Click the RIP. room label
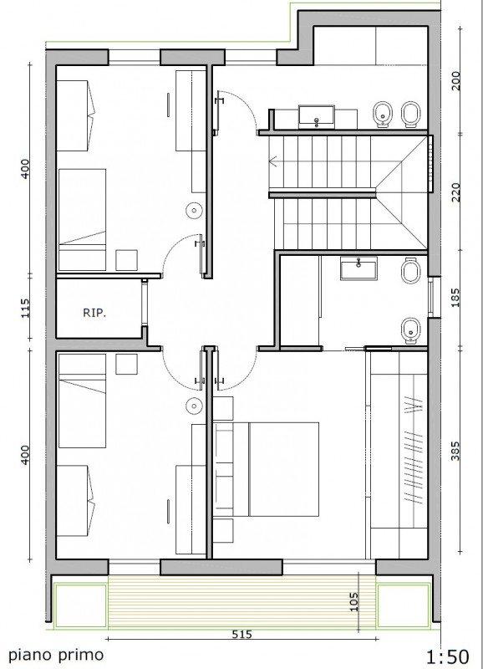[94, 313]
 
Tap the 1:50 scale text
[448, 657]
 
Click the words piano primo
[56, 655]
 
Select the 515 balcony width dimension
[241, 635]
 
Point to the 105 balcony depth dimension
[354, 601]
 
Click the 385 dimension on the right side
[455, 451]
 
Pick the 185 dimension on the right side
[455, 298]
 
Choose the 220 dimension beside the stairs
[455, 193]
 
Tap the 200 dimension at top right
[455, 80]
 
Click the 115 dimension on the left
[25, 308]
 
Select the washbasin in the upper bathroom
[317, 116]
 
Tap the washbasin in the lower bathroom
[358, 268]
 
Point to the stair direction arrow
[273, 161]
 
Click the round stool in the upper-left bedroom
[194, 210]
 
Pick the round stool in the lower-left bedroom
[194, 406]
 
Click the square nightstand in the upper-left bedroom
[127, 260]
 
